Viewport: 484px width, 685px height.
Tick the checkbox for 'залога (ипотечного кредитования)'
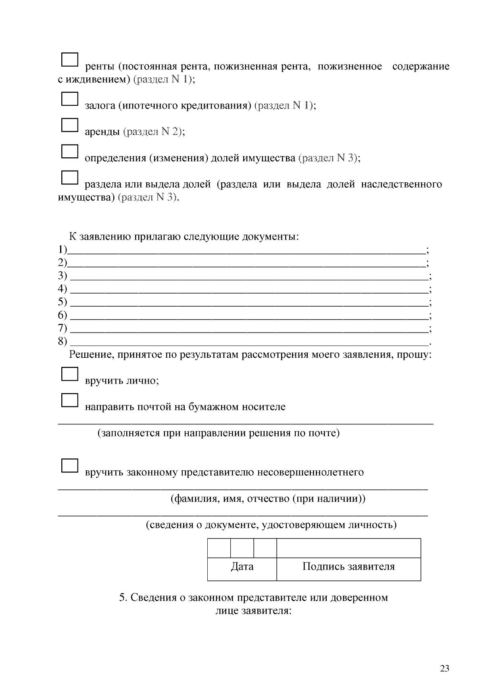coord(69,99)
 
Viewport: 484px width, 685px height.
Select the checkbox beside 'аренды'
coord(69,125)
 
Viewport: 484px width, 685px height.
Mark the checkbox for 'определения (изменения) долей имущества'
coord(69,151)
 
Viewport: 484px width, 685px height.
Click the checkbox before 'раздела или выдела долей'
coord(69,178)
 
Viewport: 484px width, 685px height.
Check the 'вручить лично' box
coord(69,374)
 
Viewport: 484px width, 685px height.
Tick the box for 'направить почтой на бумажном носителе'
coord(69,400)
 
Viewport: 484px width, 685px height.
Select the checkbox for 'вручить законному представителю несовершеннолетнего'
coord(69,466)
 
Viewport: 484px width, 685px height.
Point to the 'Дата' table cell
coord(242,567)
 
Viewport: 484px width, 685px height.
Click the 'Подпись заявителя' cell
coord(348,567)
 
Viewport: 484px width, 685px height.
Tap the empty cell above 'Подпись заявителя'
coord(348,548)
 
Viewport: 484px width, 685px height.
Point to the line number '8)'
coord(62,342)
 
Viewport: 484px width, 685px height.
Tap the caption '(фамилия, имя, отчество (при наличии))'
coord(268,499)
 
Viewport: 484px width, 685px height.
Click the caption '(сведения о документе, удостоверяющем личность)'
coord(271,525)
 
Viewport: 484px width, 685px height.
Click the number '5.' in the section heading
coord(123,597)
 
